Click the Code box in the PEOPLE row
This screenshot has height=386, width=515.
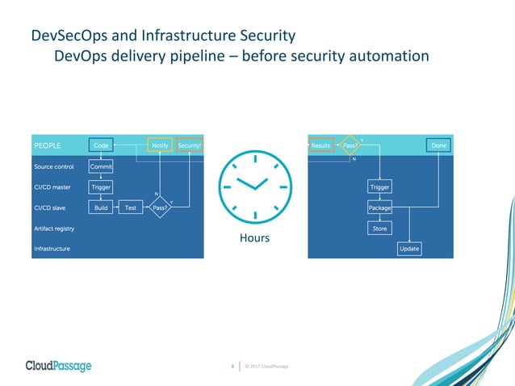click(x=101, y=145)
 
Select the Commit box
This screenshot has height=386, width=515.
click(x=101, y=166)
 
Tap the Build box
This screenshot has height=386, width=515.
click(x=101, y=208)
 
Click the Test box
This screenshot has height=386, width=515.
click(x=130, y=208)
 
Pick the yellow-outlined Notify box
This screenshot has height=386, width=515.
click(x=160, y=145)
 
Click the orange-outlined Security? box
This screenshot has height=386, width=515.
click(x=189, y=145)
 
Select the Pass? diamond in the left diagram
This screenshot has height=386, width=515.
click(x=160, y=208)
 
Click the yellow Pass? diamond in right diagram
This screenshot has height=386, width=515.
click(x=350, y=145)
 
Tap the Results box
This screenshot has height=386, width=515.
click(x=321, y=145)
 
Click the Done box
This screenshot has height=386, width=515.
click(x=438, y=145)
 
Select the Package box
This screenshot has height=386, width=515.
click(x=379, y=208)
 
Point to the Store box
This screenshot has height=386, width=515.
click(x=379, y=229)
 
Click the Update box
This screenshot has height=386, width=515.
click(x=409, y=249)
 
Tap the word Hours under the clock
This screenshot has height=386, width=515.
click(x=254, y=238)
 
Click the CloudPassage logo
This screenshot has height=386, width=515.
click(x=58, y=366)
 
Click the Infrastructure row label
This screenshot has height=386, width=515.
click(x=52, y=249)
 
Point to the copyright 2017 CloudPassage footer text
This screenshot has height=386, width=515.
click(x=266, y=367)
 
